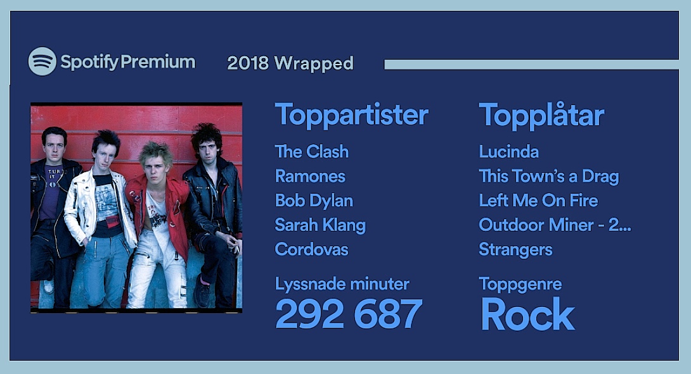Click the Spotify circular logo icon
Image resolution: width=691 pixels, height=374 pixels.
42,61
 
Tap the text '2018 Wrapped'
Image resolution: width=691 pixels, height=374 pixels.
290,63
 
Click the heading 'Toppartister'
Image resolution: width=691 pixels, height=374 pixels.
351,115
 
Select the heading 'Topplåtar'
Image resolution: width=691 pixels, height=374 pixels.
541,115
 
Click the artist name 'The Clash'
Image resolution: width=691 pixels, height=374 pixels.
311,152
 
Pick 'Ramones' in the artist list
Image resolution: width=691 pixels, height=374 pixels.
310,177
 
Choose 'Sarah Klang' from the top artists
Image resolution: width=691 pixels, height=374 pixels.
320,225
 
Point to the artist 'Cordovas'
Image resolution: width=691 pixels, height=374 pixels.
311,249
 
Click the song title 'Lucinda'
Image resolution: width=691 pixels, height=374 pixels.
508,152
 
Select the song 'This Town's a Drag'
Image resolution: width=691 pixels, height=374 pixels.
548,177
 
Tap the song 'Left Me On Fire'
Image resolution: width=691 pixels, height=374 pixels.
538,201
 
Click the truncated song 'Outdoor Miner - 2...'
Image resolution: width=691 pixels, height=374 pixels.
555,225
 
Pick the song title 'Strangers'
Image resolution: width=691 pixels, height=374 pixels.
515,250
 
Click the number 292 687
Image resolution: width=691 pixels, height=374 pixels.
349,314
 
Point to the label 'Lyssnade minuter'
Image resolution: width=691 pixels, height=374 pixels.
342,284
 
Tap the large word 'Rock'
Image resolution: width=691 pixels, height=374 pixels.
527,314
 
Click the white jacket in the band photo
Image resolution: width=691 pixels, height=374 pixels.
100,207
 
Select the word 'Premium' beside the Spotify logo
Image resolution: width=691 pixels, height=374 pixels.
158,62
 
